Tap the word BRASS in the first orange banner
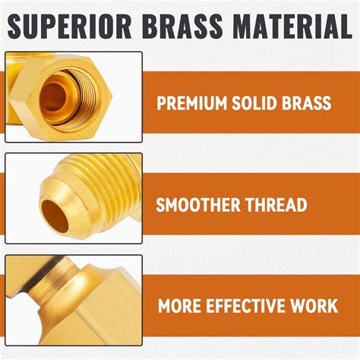[x=308, y=103]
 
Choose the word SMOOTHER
[x=198, y=205]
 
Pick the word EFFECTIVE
[x=244, y=307]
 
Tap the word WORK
[x=314, y=307]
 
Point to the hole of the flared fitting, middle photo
[x=58, y=206]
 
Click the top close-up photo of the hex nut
[x=73, y=96]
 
